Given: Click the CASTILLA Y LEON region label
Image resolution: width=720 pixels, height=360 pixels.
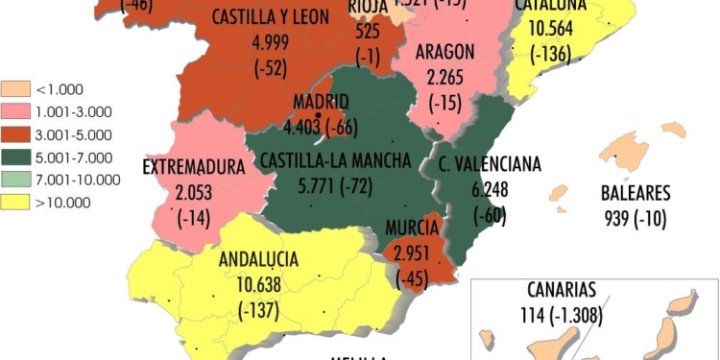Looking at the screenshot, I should click(271, 17).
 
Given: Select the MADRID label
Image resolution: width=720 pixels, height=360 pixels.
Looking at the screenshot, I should click(321, 102).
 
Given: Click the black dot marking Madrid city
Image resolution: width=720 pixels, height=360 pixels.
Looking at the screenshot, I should click(318, 116).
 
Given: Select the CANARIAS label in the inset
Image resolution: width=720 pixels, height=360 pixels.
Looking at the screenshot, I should click(562, 289).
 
